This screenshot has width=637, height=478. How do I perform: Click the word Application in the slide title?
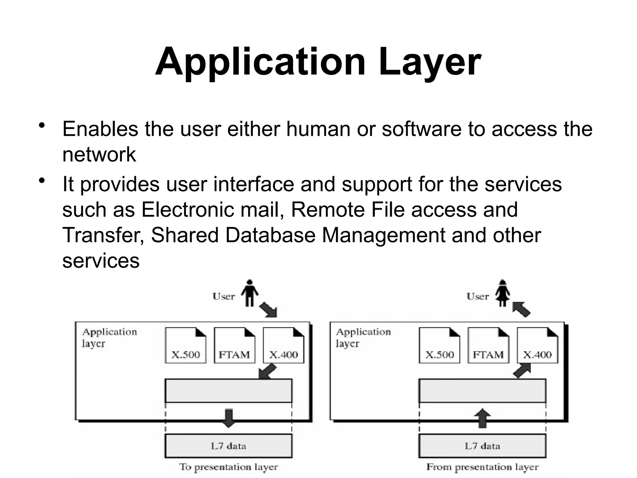[260, 62]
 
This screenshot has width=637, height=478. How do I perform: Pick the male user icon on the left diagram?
[249, 293]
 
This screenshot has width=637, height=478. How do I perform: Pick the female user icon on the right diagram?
[503, 293]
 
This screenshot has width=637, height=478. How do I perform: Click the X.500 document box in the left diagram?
[185, 345]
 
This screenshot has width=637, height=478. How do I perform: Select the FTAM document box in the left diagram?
[235, 345]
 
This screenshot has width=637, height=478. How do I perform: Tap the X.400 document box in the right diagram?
[537, 345]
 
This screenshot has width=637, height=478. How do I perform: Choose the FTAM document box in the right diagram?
[488, 345]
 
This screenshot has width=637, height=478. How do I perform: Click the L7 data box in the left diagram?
[228, 446]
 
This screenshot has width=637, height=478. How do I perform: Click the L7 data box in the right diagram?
[482, 446]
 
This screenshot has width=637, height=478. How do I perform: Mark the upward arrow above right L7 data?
[482, 418]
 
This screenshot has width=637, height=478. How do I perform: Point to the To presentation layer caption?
[228, 467]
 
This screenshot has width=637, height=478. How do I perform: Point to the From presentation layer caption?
[482, 467]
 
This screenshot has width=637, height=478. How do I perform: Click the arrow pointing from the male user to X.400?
[268, 309]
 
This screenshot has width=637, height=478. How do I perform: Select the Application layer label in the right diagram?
[363, 338]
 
